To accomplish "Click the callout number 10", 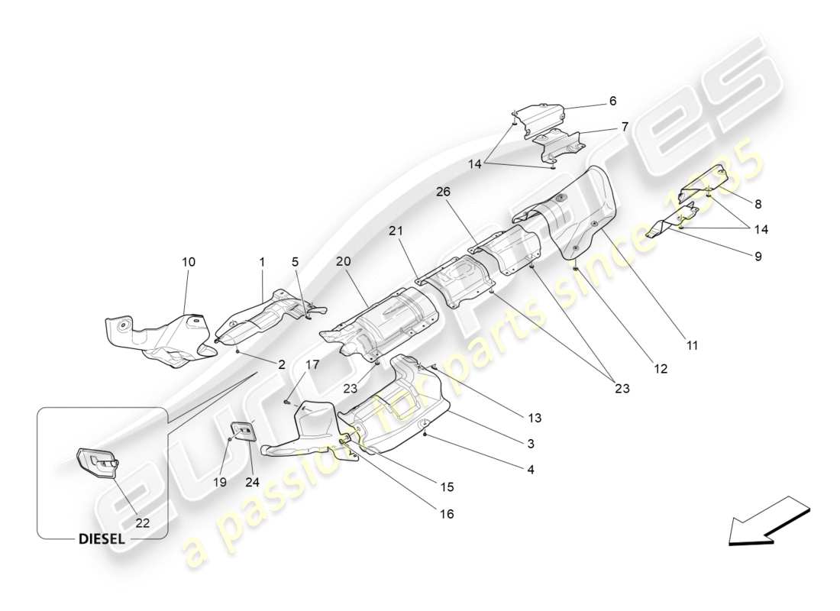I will coord(188,262).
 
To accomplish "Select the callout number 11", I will coord(692,345).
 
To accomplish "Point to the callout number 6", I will coord(612,101).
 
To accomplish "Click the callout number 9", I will coord(758,257).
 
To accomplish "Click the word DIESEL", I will coord(102,538).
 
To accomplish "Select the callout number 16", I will coord(446,514).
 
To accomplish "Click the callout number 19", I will coord(221,482).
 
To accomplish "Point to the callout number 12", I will coord(660,368).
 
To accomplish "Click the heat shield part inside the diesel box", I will coord(96,464).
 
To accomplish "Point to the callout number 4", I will coord(530,470).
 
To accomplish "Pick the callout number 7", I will coord(625,127).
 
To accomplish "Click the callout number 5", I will coord(295,262).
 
